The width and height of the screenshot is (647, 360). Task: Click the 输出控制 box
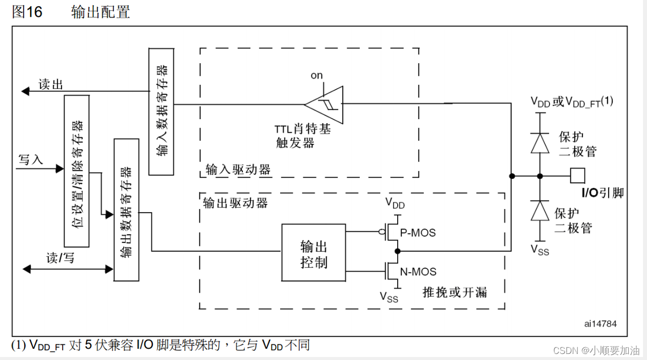(x=314, y=252)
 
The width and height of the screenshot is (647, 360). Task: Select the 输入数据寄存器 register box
(x=161, y=111)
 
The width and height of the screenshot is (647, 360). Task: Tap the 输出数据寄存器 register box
(x=127, y=209)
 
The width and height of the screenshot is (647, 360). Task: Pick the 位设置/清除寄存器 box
(x=77, y=171)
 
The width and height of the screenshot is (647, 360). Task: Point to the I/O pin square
(x=577, y=176)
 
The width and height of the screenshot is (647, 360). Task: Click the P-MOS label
(x=417, y=233)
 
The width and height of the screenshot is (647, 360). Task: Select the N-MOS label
(x=418, y=271)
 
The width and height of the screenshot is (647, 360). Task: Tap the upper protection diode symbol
(x=540, y=142)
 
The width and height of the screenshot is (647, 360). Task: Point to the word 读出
(x=51, y=84)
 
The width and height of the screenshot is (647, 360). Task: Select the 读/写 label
(x=60, y=258)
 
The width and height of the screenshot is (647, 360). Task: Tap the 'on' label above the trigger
(x=316, y=75)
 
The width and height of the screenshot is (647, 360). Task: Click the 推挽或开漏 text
(x=455, y=292)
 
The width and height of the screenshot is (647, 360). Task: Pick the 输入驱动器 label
(x=238, y=169)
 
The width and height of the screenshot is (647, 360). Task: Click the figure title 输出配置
(x=101, y=12)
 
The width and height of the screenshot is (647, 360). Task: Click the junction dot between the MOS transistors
(x=397, y=251)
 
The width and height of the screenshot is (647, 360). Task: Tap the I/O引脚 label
(x=603, y=192)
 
